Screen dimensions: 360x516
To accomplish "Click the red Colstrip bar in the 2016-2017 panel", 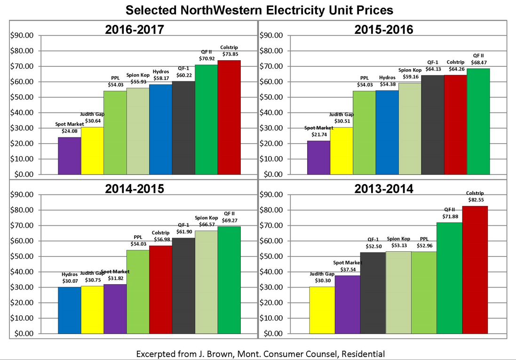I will [x=229, y=117].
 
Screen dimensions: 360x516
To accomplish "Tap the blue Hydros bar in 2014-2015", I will [x=70, y=310].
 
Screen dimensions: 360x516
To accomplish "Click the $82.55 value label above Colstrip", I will [x=475, y=200].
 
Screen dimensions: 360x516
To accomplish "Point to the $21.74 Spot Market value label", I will [x=318, y=135].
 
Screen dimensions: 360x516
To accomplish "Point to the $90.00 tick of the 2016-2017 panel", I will [x=22, y=35].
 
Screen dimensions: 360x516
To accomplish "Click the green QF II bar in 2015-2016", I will [x=478, y=121].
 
